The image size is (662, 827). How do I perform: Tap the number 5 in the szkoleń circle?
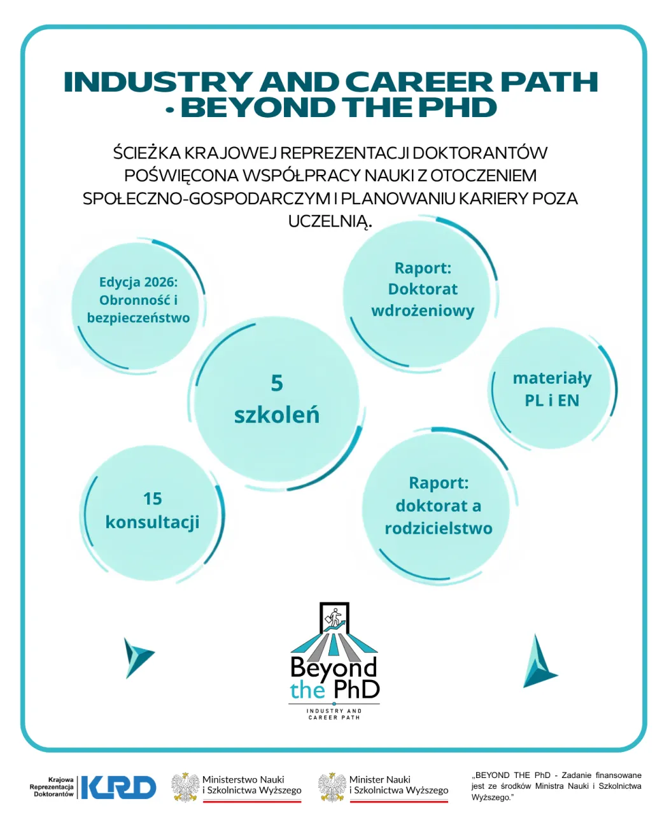tap(276, 383)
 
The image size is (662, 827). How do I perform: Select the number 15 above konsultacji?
tap(152, 499)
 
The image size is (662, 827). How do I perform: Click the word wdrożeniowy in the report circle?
tap(423, 310)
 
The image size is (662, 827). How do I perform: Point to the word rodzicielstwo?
tap(438, 528)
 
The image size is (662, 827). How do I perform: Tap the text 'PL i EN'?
tap(552, 400)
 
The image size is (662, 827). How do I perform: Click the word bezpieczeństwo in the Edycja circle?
tap(138, 318)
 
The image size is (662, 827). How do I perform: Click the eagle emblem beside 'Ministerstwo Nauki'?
tap(185, 787)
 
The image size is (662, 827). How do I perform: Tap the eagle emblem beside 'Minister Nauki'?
tap(332, 787)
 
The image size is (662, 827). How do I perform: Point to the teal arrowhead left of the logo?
tap(137, 658)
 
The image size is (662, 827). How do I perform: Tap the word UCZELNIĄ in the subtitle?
tap(330, 221)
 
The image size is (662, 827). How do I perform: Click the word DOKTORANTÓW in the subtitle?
tap(480, 153)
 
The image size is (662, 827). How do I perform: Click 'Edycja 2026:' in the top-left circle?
tap(139, 282)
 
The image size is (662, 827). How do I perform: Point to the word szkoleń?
tap(276, 415)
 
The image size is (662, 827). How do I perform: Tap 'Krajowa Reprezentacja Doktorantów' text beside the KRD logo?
tap(52, 787)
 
